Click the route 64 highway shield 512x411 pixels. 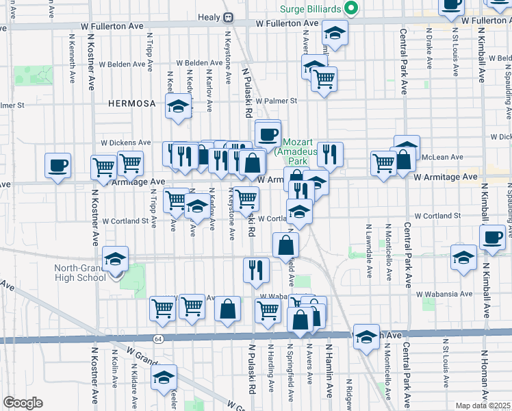click(x=159, y=338)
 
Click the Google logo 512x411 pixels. click(x=23, y=403)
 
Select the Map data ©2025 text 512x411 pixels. click(x=483, y=406)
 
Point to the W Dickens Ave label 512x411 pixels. click(x=125, y=142)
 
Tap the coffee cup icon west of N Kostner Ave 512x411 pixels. click(x=57, y=164)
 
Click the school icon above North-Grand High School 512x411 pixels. click(x=116, y=259)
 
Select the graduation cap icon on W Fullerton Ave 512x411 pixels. click(x=335, y=32)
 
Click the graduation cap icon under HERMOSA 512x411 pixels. click(x=178, y=105)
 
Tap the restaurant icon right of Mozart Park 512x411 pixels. click(x=330, y=154)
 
